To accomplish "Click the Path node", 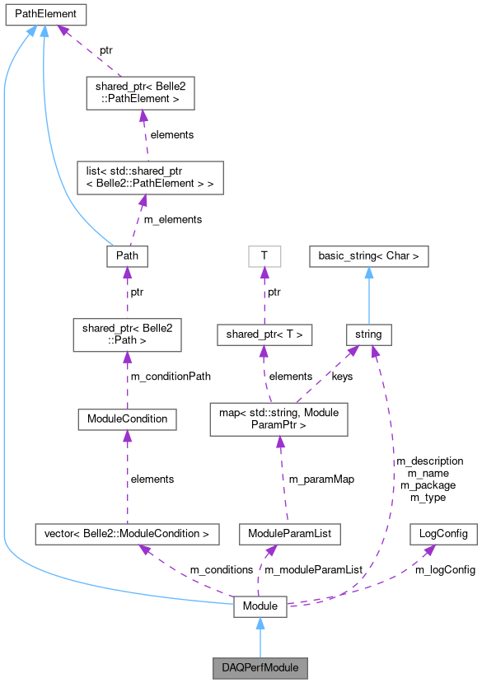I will [127, 255].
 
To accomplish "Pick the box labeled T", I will [264, 255].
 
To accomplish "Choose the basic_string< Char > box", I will [369, 255].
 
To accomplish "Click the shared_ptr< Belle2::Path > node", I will [127, 334].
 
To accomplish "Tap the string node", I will [369, 334].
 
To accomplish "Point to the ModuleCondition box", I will [127, 419].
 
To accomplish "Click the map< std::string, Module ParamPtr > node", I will [280, 419].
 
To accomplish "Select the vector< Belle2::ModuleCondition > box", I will [127, 534].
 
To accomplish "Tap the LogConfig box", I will [443, 534].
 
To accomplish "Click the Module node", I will [260, 607].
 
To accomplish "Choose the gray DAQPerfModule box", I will [260, 665].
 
